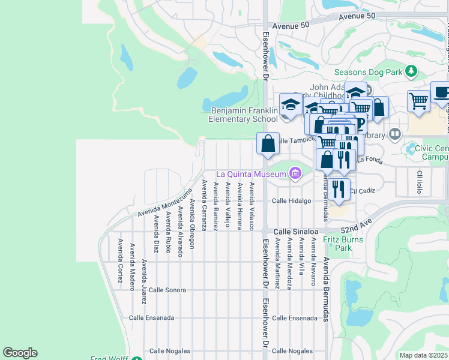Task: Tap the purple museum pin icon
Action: point(295,175)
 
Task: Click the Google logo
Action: point(20,353)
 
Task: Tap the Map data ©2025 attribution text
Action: point(423,355)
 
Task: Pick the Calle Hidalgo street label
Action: point(292,201)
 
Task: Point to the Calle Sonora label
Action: point(167,290)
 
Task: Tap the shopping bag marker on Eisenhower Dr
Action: point(268,143)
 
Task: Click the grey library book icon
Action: point(395,134)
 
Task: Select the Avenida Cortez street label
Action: point(121,262)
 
